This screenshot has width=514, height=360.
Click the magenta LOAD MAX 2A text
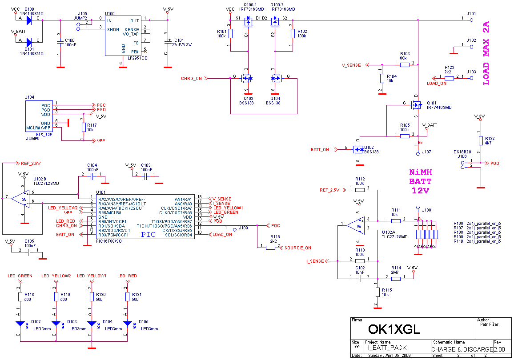(x=486, y=53)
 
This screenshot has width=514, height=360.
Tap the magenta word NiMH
(x=421, y=172)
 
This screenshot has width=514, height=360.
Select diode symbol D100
(x=29, y=20)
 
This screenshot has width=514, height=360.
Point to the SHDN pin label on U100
(x=113, y=29)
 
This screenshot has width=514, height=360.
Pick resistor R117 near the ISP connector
(x=84, y=128)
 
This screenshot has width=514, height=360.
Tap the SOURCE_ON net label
(x=298, y=248)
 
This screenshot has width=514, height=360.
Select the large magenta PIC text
(x=149, y=235)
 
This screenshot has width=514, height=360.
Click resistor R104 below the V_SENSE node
(x=381, y=79)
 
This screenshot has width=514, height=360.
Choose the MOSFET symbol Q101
(x=417, y=105)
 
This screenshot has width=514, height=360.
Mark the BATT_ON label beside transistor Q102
(x=320, y=150)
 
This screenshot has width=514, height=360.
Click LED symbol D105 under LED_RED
(x=128, y=324)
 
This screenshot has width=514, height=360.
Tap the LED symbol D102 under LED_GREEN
(x=20, y=324)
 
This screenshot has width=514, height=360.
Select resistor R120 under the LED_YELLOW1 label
(x=92, y=296)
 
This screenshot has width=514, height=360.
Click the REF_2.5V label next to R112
(x=329, y=190)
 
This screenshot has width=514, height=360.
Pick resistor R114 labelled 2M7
(x=396, y=279)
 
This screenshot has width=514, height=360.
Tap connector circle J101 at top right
(x=472, y=20)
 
